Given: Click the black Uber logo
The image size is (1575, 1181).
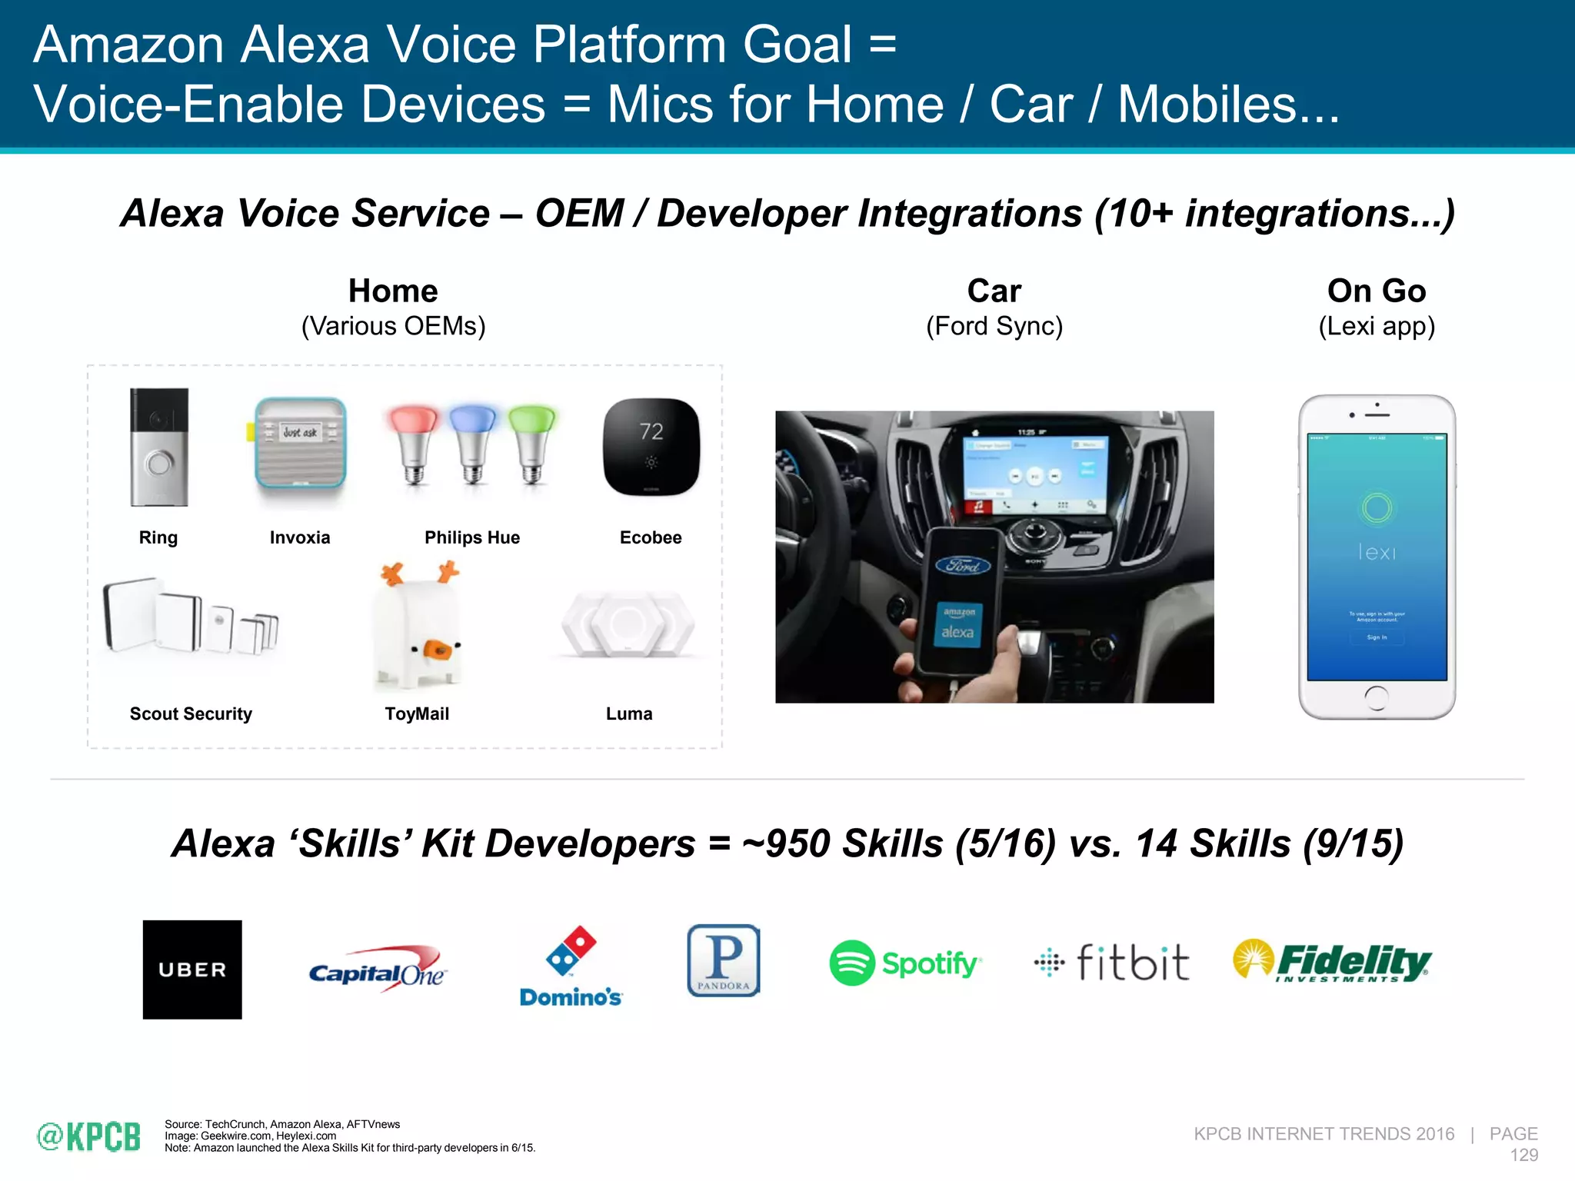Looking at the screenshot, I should click(x=192, y=970).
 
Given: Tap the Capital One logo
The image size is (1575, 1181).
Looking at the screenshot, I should click(x=377, y=970).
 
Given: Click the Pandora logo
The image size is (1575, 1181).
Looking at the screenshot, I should click(x=724, y=960).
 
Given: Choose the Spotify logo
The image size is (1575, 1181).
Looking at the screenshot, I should click(x=905, y=963).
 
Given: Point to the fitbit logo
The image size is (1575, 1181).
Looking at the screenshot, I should click(x=1112, y=963).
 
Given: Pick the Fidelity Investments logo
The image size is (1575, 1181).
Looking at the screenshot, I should click(x=1333, y=961).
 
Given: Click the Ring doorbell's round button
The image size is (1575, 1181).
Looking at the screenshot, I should click(x=159, y=464).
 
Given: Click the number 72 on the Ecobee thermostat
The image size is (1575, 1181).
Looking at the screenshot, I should click(x=651, y=431).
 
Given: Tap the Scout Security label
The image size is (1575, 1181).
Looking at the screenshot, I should click(x=191, y=714).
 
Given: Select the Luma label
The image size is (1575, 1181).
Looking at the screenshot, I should click(x=629, y=714).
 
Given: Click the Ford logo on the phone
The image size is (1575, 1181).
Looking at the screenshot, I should click(x=963, y=566).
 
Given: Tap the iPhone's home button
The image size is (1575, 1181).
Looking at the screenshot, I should click(x=1377, y=698).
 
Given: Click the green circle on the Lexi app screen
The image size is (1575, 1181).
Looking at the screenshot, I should click(x=1377, y=507).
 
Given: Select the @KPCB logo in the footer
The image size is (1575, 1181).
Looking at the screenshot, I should click(x=89, y=1136).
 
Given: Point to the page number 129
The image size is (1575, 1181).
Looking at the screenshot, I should click(x=1523, y=1155).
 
